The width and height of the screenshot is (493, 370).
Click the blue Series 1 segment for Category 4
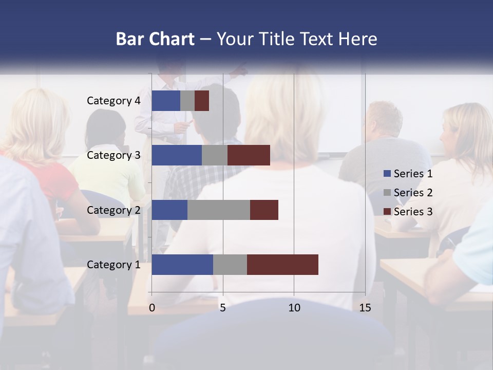click(x=166, y=101)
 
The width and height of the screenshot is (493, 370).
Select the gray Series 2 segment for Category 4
click(x=187, y=101)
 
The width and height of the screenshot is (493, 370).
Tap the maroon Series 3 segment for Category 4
click(x=202, y=101)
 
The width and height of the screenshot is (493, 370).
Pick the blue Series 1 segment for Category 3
click(x=177, y=155)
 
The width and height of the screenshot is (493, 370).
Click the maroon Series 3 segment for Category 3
click(x=249, y=155)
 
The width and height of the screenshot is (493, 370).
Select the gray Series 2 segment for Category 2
click(x=219, y=210)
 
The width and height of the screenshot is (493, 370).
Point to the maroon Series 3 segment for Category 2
click(x=264, y=210)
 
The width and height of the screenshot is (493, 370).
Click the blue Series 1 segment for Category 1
click(x=182, y=265)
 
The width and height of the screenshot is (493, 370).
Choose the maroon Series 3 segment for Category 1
click(x=282, y=265)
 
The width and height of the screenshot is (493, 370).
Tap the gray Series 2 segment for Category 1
click(x=230, y=265)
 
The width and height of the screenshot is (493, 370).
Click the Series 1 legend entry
click(x=408, y=174)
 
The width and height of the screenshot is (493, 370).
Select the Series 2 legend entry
click(x=408, y=193)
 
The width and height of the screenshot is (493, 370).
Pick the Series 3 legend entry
click(x=408, y=211)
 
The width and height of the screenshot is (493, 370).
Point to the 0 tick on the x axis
click(x=152, y=308)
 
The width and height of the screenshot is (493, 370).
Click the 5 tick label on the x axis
click(x=223, y=308)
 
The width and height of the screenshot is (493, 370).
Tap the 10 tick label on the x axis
click(x=294, y=308)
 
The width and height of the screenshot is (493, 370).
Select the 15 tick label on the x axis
click(x=365, y=308)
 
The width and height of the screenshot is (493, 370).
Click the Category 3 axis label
click(x=113, y=155)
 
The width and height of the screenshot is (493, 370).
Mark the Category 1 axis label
click(x=113, y=265)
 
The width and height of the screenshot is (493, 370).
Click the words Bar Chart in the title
click(x=155, y=39)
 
